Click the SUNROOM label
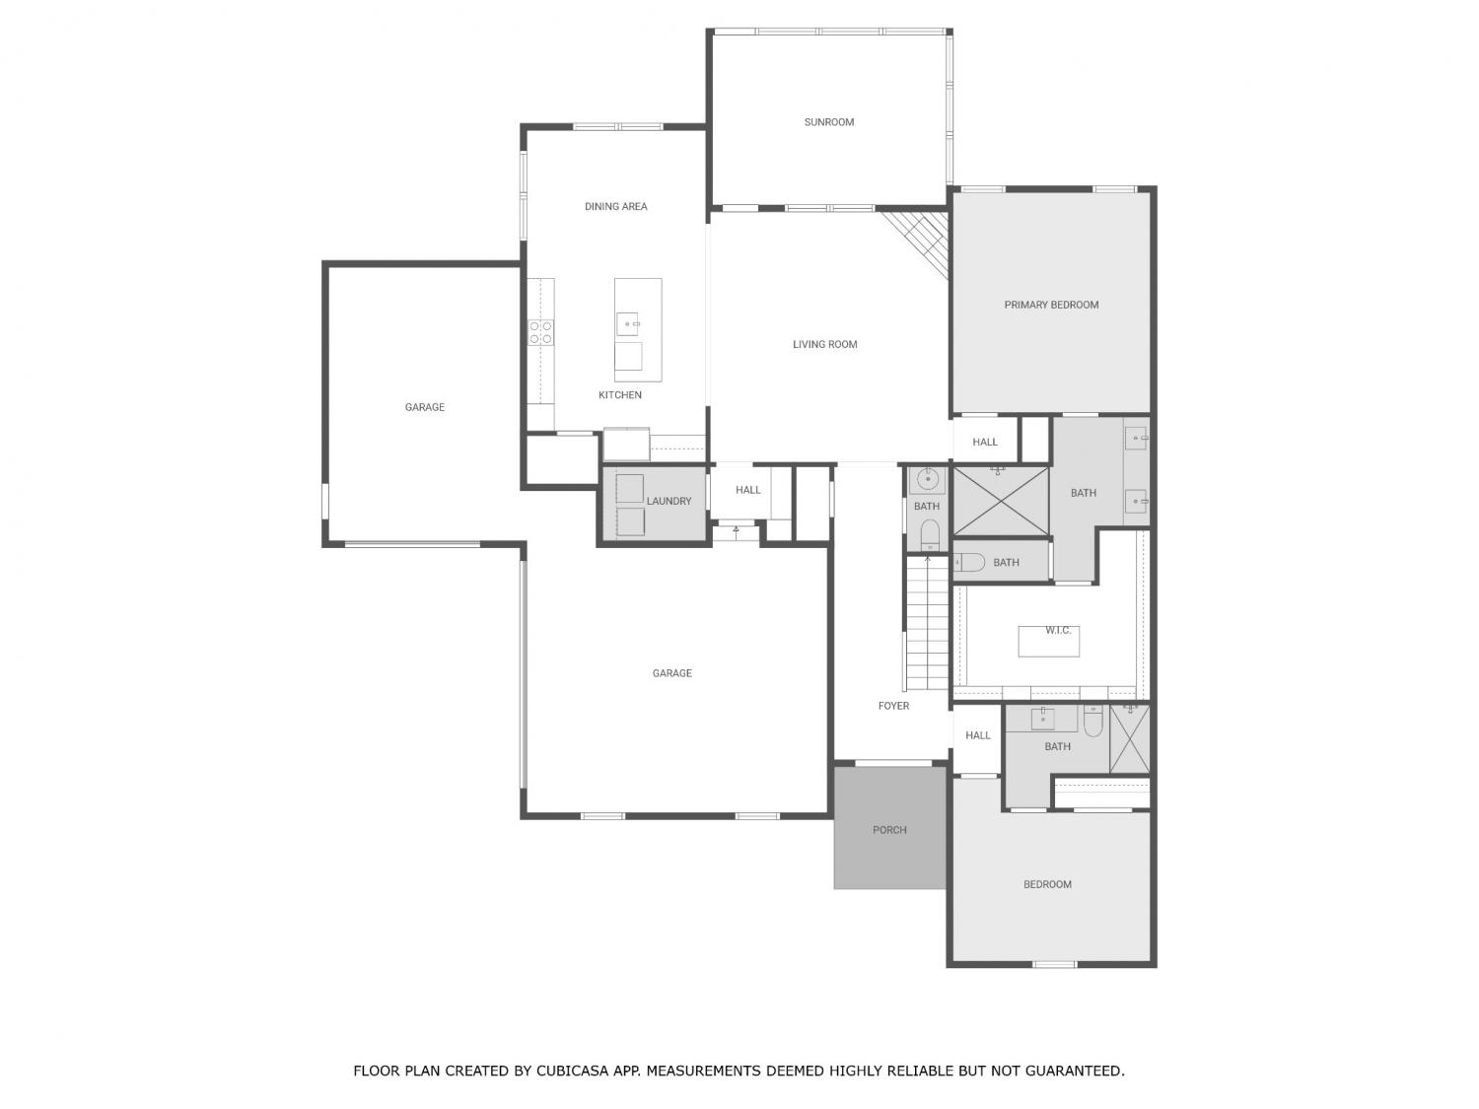coord(828,122)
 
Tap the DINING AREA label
coord(615,206)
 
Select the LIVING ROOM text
coord(824,344)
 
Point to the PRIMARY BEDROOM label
coord(1050,305)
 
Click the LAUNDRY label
coord(669,501)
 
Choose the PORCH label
coord(888,830)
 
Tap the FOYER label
coord(893,706)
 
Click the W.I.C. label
coord(1057,630)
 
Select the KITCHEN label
coord(619,394)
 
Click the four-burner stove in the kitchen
coord(540,332)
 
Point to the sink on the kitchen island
coord(628,324)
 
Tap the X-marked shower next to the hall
coord(1001,501)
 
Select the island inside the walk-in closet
coord(1048,641)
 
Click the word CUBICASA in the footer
coord(569,1071)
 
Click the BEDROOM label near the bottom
coord(1046,884)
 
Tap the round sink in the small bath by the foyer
coord(927,480)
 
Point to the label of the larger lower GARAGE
coord(671,672)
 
